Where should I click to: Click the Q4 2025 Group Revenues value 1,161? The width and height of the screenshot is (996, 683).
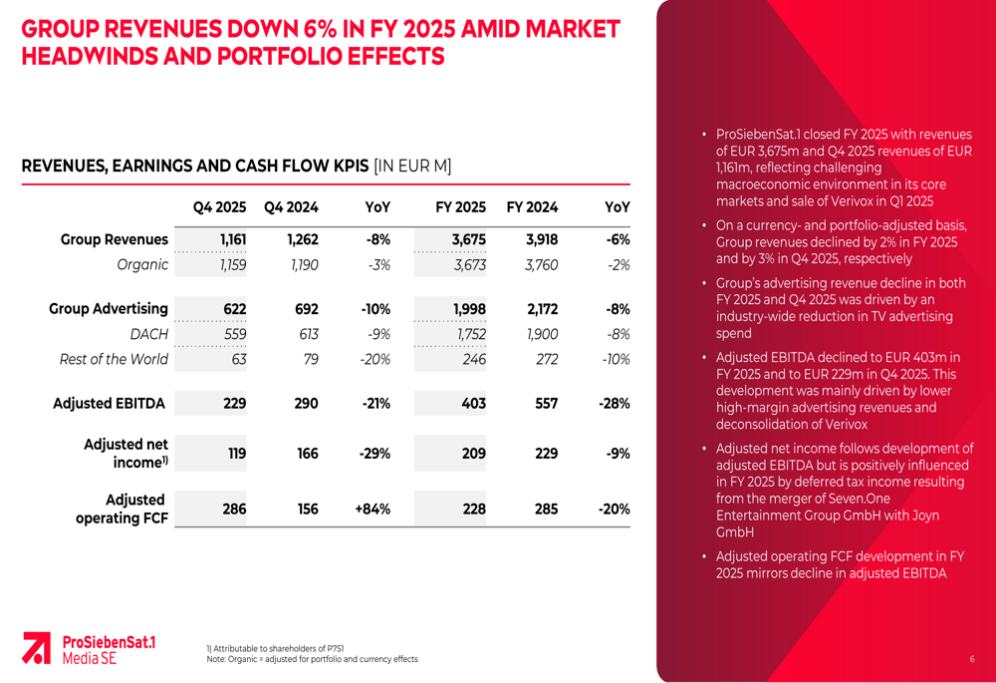click(232, 239)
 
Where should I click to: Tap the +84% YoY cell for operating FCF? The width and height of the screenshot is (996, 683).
click(372, 509)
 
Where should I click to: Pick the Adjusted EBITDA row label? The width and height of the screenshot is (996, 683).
click(110, 404)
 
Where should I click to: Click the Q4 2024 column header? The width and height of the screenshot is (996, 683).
click(291, 207)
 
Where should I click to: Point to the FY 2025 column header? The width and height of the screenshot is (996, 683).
click(460, 207)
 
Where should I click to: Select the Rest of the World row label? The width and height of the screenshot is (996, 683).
click(114, 359)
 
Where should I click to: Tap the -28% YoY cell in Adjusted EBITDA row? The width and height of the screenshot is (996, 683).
click(614, 404)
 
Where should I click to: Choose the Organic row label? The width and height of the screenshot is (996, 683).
click(142, 264)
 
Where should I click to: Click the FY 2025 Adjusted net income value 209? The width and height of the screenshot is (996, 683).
click(473, 454)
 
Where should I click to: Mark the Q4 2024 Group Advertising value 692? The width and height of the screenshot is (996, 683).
click(306, 309)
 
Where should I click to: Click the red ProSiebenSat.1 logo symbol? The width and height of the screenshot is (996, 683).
click(37, 647)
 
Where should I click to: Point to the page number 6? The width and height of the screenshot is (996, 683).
click(971, 659)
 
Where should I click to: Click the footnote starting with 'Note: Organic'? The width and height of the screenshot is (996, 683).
click(312, 659)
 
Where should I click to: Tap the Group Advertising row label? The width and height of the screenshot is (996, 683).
click(109, 309)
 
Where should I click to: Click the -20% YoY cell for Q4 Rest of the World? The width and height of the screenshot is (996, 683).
click(374, 359)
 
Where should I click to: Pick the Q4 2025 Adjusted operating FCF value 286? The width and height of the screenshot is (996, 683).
click(234, 509)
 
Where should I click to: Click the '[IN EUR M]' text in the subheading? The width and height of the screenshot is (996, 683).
click(412, 167)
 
